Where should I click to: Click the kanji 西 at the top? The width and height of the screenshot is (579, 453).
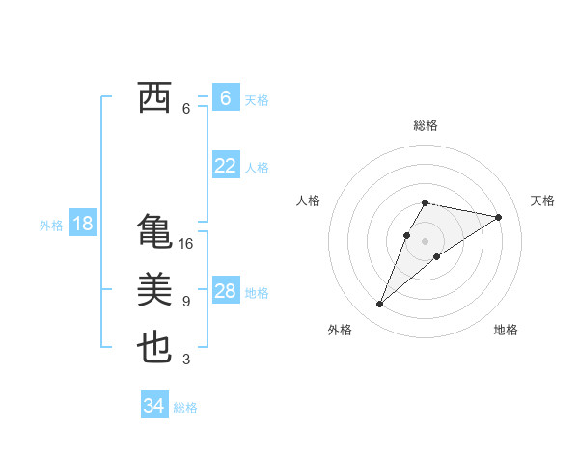coord(155,98)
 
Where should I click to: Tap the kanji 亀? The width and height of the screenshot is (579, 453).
coord(155,232)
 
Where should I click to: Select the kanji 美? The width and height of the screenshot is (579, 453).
coord(155,290)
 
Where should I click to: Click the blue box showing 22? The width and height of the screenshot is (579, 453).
coord(225,166)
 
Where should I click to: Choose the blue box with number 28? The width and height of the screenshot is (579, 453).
coord(225,291)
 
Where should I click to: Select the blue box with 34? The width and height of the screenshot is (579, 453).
coord(153,406)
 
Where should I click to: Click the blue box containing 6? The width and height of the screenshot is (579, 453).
coord(225,98)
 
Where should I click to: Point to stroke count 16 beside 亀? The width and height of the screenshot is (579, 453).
coord(186,244)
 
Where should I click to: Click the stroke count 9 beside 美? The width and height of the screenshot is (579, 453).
coord(186,302)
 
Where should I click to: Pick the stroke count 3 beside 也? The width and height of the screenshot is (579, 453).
coord(186,360)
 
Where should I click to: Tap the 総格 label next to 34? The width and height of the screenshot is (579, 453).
coord(185,408)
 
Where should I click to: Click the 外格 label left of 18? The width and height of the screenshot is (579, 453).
coord(51,226)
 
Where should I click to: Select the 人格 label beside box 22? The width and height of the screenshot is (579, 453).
coord(257,168)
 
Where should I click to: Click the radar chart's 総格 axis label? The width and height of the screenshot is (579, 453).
coord(426,125)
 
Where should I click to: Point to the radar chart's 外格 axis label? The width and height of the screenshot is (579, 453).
coord(340,330)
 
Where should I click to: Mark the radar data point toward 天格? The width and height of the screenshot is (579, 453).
coord(499,217)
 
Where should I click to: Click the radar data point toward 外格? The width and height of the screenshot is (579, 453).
coord(380,305)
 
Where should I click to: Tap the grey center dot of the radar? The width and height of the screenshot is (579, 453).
coord(426,240)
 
